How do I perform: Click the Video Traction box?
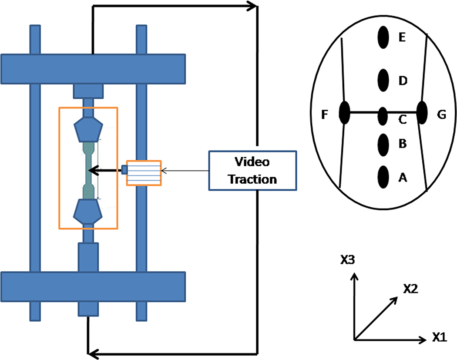(x=252, y=171)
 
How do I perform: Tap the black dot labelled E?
(x=383, y=37)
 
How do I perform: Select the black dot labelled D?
(x=383, y=80)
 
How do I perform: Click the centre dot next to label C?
(x=383, y=116)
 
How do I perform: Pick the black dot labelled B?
(x=383, y=145)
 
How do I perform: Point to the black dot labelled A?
(x=383, y=177)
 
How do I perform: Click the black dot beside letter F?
(x=345, y=113)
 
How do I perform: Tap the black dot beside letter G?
(x=422, y=112)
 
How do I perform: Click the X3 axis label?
(x=348, y=259)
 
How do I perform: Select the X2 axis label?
(x=411, y=288)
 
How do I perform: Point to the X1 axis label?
(x=439, y=337)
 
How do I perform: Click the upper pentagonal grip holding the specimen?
(x=88, y=129)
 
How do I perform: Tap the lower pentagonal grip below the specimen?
(x=88, y=211)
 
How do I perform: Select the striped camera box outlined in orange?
(x=144, y=173)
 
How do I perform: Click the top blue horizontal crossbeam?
(x=93, y=69)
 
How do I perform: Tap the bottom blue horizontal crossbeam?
(x=93, y=287)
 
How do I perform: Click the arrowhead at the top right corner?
(x=252, y=6)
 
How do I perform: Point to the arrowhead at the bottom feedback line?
(x=93, y=354)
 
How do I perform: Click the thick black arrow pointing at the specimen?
(x=105, y=170)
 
